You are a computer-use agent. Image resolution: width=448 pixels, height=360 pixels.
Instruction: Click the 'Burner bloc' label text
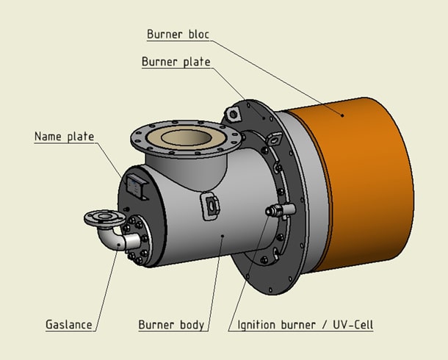click(179, 34)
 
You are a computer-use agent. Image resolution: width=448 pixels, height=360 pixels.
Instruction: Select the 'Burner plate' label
click(176, 62)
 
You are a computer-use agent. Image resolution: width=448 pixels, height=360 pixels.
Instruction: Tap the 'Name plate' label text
click(65, 137)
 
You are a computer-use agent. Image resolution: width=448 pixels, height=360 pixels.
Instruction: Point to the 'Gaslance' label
click(69, 324)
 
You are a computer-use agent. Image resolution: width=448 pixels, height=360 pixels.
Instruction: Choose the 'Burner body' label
click(171, 324)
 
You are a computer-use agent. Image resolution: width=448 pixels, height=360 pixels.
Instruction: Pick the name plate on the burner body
click(137, 186)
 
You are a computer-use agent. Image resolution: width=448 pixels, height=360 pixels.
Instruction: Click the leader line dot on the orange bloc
click(342, 114)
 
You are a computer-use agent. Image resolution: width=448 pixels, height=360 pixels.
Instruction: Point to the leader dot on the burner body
click(222, 237)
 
